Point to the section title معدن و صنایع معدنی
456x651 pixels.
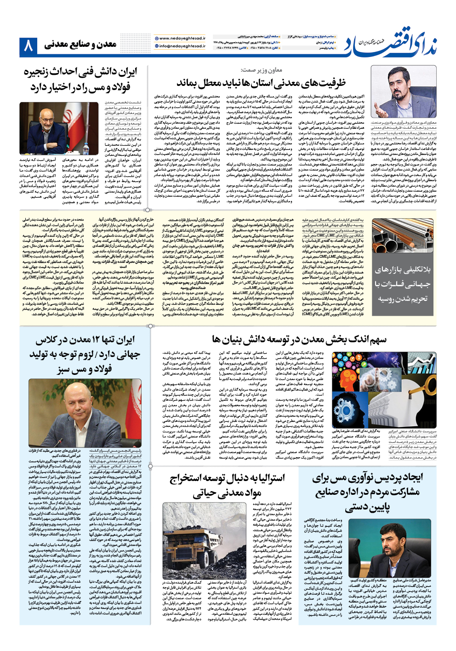80,45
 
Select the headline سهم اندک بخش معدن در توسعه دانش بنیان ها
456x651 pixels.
299,340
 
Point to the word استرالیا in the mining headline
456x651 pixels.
264,478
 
